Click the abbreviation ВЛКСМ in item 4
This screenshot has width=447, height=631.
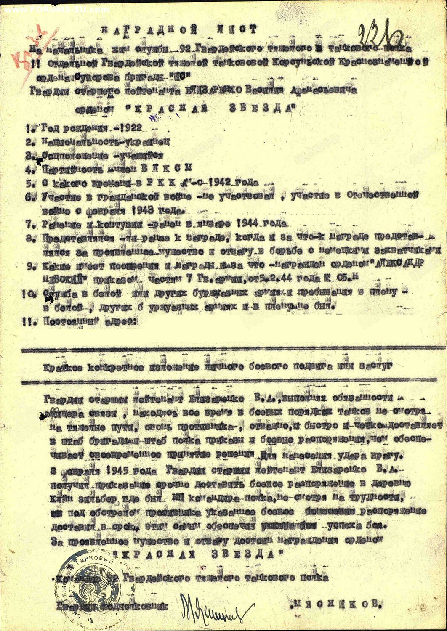coord(168,168)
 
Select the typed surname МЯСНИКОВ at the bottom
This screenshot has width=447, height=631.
coord(337,604)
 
